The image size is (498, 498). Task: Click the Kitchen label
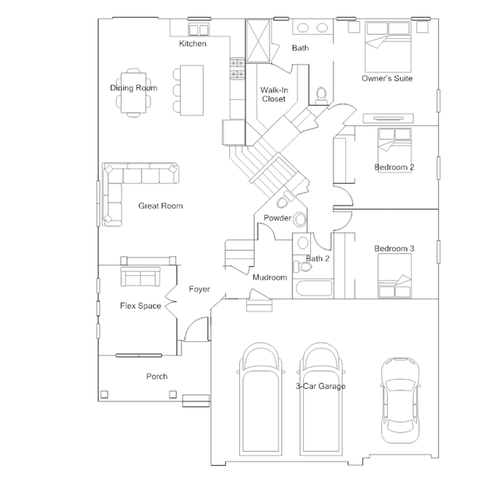tap(192, 44)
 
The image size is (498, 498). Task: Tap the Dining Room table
tap(133, 93)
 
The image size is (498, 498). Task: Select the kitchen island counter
tap(192, 90)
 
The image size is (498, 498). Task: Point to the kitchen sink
tap(199, 30)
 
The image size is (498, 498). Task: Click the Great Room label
tap(161, 206)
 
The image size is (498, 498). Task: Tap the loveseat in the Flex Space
tap(140, 277)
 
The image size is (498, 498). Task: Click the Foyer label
tap(200, 289)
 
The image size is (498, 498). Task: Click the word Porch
tap(157, 376)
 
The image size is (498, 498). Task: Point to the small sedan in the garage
tap(400, 400)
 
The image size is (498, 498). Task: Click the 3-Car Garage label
tap(320, 386)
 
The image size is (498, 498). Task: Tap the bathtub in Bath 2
tap(313, 288)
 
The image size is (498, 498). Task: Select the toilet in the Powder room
tap(285, 200)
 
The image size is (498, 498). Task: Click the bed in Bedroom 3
tap(394, 276)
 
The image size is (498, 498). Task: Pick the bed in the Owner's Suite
tap(388, 47)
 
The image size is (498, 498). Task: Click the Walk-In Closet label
tap(274, 94)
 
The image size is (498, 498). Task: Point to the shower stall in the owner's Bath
tap(259, 41)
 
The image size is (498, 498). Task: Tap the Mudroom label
tap(270, 277)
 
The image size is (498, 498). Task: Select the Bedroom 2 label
tap(394, 167)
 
